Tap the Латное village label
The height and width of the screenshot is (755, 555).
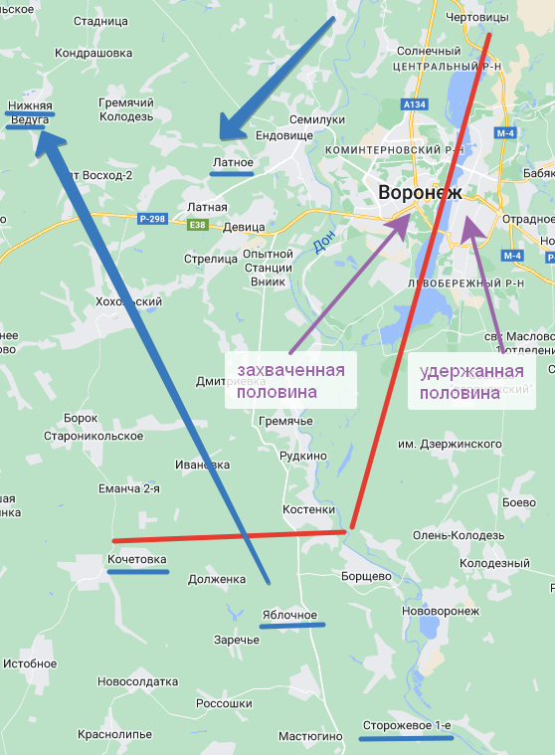(x=233, y=162)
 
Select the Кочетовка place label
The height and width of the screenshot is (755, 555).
(x=137, y=559)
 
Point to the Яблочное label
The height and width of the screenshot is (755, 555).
(x=289, y=614)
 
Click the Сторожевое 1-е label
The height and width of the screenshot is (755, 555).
(x=407, y=726)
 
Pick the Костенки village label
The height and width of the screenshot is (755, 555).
(x=308, y=508)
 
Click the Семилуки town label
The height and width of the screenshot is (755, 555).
(x=316, y=119)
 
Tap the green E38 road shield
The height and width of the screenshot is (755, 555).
(x=199, y=226)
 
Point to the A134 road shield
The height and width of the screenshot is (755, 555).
(x=415, y=103)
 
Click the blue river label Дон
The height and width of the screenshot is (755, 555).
(x=319, y=241)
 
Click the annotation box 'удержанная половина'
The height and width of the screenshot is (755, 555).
(x=471, y=383)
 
